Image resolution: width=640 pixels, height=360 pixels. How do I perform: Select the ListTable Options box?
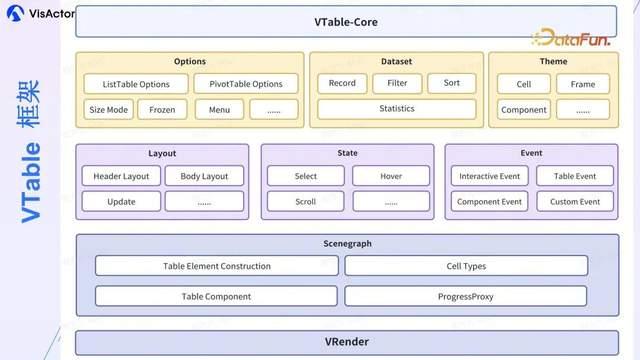point(136,84)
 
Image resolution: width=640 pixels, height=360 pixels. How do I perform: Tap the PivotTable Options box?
point(246,84)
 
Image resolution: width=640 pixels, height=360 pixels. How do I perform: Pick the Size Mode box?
point(108,109)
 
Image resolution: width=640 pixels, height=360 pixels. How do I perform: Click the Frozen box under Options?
point(162,109)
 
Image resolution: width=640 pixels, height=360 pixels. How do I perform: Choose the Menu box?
point(219,109)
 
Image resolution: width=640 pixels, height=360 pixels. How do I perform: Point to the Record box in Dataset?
point(342,84)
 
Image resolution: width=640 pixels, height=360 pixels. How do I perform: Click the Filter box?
point(397,84)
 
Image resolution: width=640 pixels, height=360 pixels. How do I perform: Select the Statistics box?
point(396,109)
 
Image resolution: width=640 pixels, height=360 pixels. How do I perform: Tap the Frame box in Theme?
point(583,84)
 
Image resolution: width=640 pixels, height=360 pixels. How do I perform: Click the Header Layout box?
point(120,176)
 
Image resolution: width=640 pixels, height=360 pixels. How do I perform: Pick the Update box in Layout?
point(120,201)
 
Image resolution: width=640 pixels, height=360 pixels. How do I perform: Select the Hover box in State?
point(391,176)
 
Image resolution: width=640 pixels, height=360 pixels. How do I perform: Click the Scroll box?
point(306,201)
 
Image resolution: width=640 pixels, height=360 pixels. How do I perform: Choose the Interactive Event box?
point(490,176)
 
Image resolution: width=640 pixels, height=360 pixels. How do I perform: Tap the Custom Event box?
point(575,201)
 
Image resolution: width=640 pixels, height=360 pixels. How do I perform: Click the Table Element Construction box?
point(216,266)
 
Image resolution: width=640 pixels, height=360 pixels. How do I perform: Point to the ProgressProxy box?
point(466,296)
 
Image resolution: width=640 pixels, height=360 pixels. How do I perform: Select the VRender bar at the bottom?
point(347,342)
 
